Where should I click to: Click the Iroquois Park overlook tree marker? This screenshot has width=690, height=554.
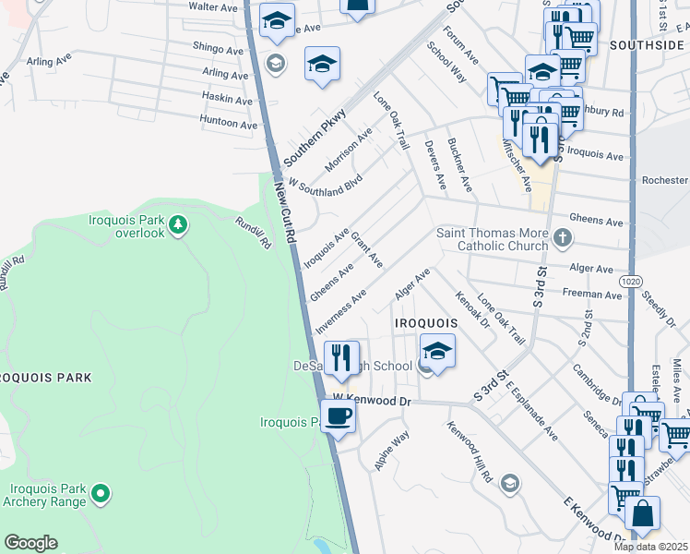(179, 223)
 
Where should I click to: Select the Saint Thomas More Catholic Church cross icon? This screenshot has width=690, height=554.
(565, 239)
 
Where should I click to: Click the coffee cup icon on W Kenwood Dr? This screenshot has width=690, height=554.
(339, 415)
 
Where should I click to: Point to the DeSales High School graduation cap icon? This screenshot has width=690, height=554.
(438, 351)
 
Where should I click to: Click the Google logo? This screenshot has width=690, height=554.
(30, 543)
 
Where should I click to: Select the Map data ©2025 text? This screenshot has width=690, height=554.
(651, 547)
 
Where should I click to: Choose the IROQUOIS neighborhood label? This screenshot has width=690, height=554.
(425, 323)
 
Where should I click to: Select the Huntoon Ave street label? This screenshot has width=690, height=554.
(229, 123)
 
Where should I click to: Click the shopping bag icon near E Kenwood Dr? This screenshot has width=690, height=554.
(643, 512)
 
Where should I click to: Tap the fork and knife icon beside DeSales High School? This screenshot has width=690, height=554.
(342, 356)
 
